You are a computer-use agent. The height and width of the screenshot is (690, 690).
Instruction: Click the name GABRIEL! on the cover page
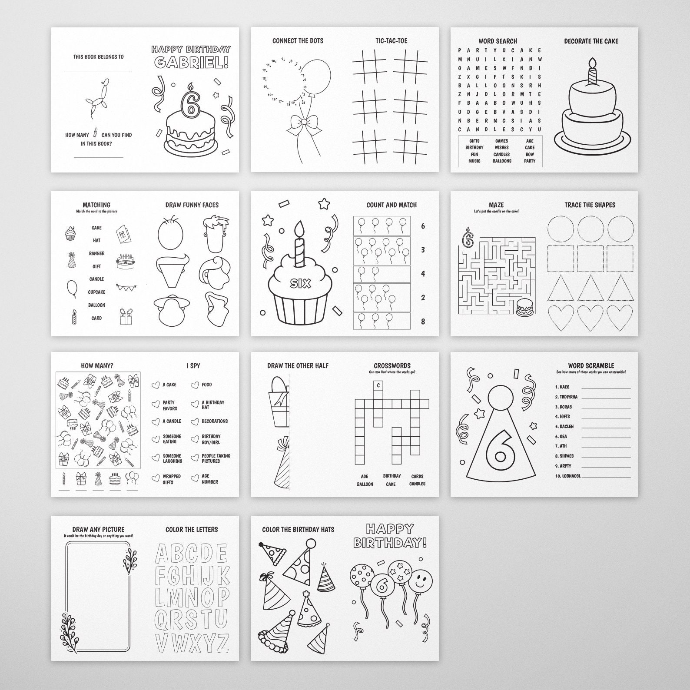[x=191, y=63]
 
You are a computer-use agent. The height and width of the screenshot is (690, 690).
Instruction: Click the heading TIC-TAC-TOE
[x=391, y=41]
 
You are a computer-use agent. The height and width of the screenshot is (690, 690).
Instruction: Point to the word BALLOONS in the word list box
[x=502, y=161]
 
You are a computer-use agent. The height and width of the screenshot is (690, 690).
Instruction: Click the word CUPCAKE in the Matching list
[x=96, y=292]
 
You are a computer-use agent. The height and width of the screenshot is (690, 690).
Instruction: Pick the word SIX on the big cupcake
[x=301, y=284]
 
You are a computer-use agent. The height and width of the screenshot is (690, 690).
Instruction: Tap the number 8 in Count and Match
[x=423, y=322]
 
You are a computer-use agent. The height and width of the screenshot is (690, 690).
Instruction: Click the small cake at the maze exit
[x=524, y=307]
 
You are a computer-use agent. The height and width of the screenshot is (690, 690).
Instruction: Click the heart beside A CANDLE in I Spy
[x=156, y=421]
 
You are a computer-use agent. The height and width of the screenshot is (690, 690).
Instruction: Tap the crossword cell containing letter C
[x=378, y=385]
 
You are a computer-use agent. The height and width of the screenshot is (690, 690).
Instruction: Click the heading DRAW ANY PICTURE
[x=98, y=529]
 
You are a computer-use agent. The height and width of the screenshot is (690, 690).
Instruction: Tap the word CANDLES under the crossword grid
[x=417, y=484]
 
